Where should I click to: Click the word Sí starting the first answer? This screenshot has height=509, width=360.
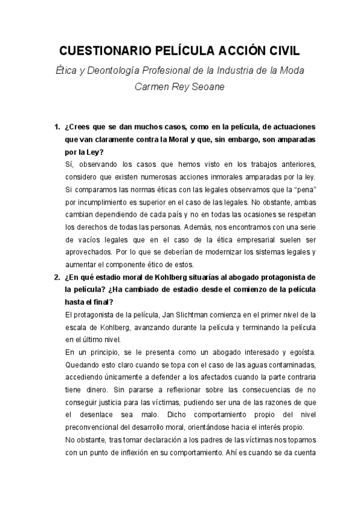pos(67,164)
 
